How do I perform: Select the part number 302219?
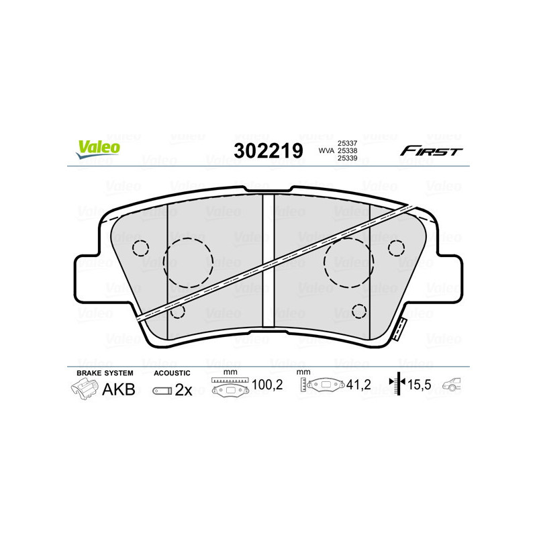[x=268, y=151]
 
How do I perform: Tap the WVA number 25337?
[x=347, y=143]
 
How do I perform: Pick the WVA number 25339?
[x=347, y=159]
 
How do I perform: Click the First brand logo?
[x=431, y=151]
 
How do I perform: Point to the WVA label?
[x=326, y=151]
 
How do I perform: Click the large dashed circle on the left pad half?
[x=188, y=262]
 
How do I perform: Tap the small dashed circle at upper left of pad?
[x=140, y=248]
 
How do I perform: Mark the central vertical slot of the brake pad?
[x=268, y=268]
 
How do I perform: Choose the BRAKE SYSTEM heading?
[x=105, y=373]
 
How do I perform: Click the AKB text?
[x=118, y=389]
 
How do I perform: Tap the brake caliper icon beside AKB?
[x=84, y=389]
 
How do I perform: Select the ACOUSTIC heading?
[x=172, y=373]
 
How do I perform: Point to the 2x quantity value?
[x=183, y=390]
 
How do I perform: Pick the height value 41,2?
[x=358, y=385]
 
